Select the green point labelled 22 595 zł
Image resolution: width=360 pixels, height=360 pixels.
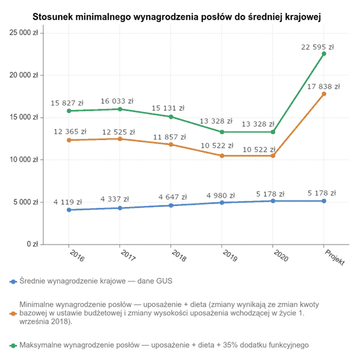coord(324,54)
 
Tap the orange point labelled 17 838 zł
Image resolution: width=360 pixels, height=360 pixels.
coord(324,93)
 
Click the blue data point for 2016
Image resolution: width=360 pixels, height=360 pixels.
coord(69,210)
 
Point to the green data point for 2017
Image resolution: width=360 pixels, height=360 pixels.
coord(120,109)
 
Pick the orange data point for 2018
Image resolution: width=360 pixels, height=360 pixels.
coord(171,144)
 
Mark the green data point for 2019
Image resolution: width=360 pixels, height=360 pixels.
coord(222,132)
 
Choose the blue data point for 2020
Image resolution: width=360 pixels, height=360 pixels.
coord(273,201)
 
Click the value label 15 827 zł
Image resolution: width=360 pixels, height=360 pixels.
coord(68,102)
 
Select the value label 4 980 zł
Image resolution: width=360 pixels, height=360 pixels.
coord(221,196)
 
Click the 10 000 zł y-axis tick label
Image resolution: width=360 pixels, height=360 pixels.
coord(24,160)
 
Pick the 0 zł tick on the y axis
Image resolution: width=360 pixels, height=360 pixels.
coord(32,245)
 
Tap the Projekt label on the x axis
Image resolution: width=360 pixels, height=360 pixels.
coord(334,258)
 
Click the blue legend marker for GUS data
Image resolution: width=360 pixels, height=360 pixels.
coord(13,282)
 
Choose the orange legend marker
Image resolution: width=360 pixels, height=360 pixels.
coord(13,314)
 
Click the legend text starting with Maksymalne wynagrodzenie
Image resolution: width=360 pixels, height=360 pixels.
coord(164,345)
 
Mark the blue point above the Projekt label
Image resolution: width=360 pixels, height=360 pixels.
coord(324,201)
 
